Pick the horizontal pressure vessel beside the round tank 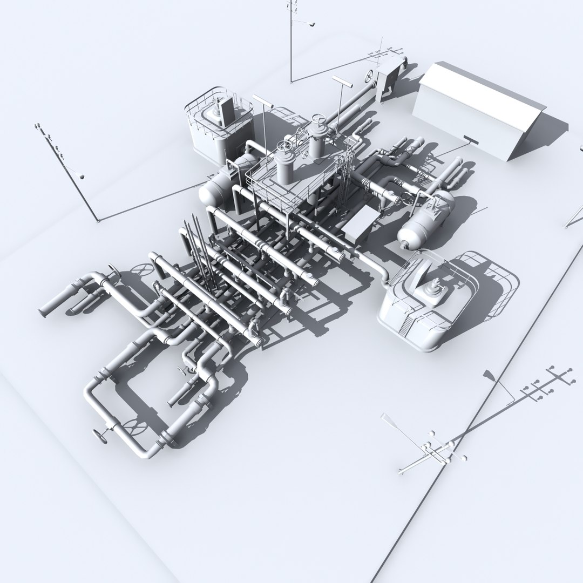pyautogui.click(x=216, y=186)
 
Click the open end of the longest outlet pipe pyautogui.click(x=43, y=311)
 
